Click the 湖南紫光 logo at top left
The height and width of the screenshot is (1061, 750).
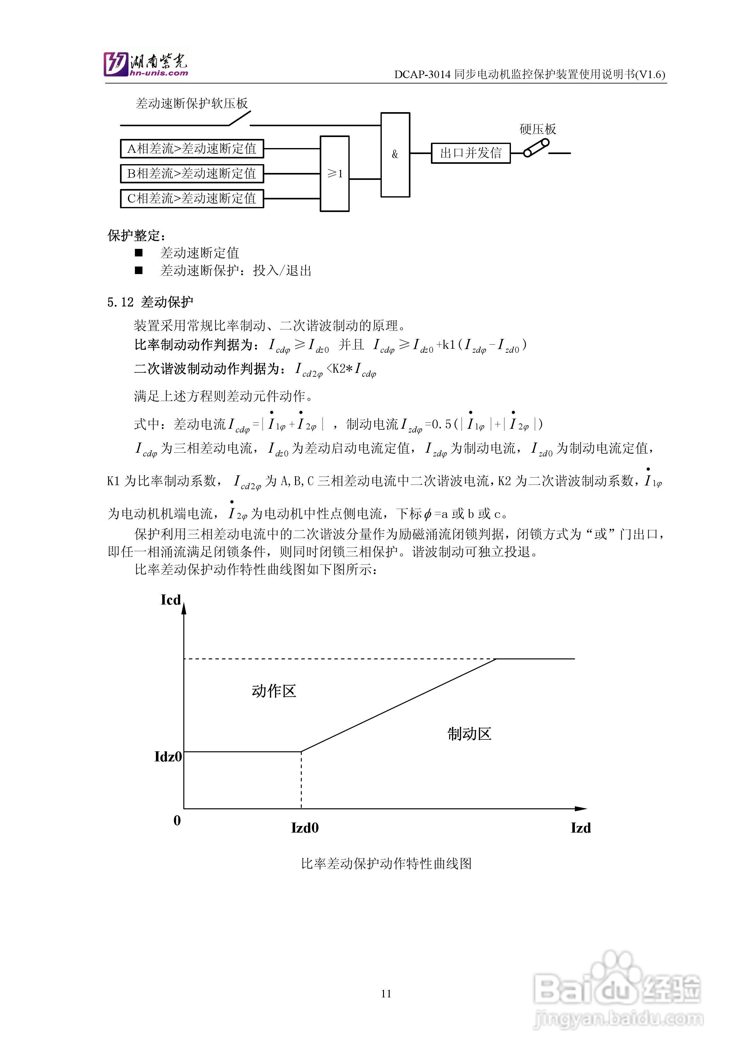click(146, 64)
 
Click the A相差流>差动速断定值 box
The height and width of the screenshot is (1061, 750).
click(192, 149)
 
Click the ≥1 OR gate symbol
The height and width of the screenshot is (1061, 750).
click(335, 174)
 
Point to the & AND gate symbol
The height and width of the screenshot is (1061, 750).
click(395, 154)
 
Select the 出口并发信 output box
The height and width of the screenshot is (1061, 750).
click(470, 153)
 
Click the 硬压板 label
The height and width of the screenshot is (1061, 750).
click(537, 129)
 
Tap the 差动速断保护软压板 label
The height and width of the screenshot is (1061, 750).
click(192, 104)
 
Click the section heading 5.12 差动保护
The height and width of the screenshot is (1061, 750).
click(151, 302)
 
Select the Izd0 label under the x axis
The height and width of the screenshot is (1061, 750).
click(305, 828)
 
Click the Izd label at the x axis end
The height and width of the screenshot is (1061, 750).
click(581, 828)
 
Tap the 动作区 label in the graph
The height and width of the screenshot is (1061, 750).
click(273, 691)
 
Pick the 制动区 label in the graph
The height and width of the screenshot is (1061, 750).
click(469, 734)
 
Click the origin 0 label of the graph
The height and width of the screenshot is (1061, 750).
click(177, 821)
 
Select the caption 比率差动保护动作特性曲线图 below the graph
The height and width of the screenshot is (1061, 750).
click(386, 864)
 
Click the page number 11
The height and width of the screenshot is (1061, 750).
click(386, 994)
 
